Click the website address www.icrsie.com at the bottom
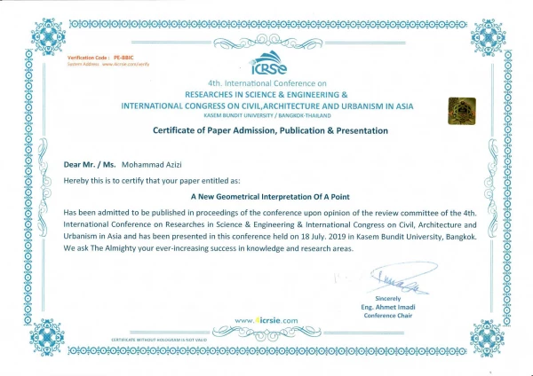pyautogui.click(x=266, y=319)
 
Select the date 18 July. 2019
pyautogui.click(x=330, y=237)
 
